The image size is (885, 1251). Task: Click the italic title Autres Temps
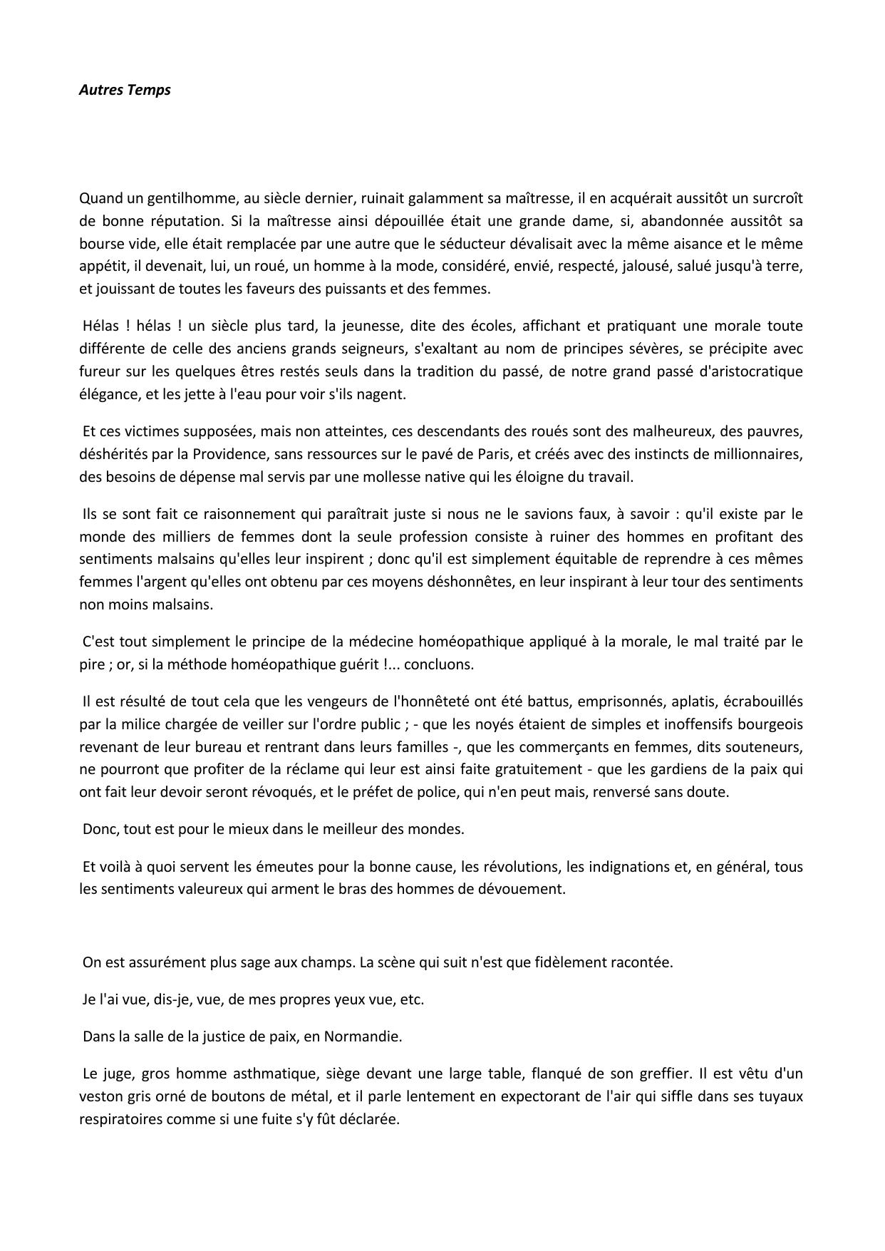coord(125,90)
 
